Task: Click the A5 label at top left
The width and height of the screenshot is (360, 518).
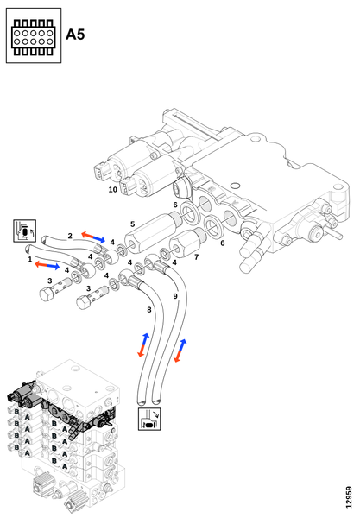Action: pos(75,35)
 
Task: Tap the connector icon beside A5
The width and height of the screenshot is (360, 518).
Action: pos(34,35)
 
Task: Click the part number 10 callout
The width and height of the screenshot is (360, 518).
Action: pos(113,190)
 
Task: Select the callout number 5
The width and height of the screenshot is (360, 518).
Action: pos(132,224)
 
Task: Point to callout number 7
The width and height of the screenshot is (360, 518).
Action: pos(197,256)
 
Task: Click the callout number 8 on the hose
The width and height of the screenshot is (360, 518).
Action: pos(149,310)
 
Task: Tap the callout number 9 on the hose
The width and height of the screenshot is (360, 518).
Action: pos(175,296)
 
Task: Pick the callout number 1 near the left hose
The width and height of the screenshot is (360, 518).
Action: pos(30,259)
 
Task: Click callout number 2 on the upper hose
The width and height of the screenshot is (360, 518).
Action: pos(70,236)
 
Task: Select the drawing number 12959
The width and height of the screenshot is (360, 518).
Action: pos(349,497)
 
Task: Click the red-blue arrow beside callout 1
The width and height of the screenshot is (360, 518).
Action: pos(47,265)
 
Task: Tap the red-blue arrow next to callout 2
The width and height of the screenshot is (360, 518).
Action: pos(93,237)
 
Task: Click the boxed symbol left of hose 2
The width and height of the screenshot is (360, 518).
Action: pos(25,231)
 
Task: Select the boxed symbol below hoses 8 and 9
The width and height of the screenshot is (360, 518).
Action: pos(149,419)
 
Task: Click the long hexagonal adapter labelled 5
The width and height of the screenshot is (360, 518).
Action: pos(152,233)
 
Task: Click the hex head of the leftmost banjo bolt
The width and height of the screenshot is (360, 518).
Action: pos(47,294)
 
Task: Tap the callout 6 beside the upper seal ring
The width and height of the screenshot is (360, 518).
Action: pos(175,205)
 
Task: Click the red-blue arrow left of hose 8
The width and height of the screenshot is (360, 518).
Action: pos(143,344)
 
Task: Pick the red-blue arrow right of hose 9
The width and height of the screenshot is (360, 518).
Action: pos(180,351)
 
